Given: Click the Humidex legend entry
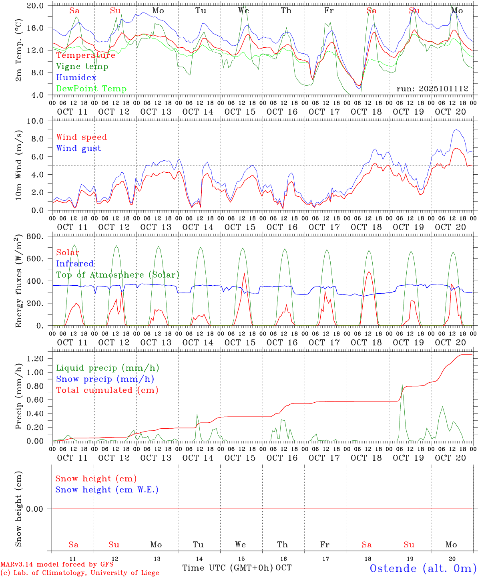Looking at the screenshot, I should (76, 78).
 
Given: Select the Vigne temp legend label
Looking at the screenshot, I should (82, 67).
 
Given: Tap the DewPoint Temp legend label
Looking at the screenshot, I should (91, 89).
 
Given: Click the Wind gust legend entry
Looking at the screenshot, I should (78, 148).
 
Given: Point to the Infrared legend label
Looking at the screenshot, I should (75, 264).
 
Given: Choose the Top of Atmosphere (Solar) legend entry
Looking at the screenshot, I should (118, 275).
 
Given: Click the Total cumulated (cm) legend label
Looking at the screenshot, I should (107, 390).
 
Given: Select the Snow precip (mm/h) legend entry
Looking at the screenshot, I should (105, 379).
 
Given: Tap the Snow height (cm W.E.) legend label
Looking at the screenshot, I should (107, 490).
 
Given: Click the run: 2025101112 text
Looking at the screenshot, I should (432, 89).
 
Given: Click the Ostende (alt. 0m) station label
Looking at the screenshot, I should (423, 568).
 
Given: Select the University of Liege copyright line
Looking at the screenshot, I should (80, 573).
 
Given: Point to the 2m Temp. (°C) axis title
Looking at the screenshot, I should (18, 50).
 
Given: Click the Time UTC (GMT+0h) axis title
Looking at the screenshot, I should (228, 568).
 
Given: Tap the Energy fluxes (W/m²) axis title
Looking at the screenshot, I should (18, 281).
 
